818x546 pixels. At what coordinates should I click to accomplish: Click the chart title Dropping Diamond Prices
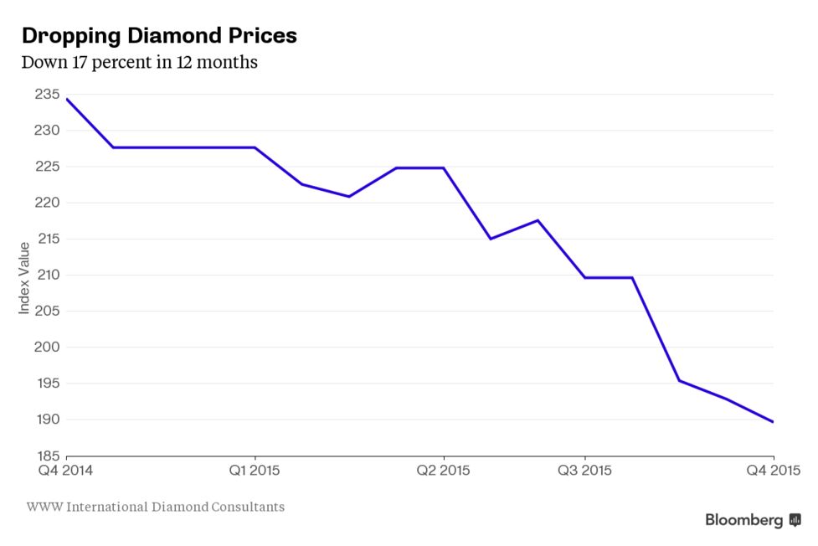(158, 36)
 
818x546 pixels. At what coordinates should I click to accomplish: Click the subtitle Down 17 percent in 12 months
(139, 62)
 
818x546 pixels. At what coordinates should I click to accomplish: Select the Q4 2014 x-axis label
(65, 470)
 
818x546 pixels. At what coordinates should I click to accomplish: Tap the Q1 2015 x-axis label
(255, 470)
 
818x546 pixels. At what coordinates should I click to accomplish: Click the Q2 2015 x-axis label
(443, 470)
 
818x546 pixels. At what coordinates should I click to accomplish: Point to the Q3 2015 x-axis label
(584, 470)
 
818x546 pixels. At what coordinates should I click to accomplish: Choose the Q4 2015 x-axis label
(771, 470)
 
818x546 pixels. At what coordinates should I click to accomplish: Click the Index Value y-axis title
(24, 278)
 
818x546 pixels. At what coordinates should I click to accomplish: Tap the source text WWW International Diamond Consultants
(155, 507)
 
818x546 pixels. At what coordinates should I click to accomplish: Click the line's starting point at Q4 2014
(66, 99)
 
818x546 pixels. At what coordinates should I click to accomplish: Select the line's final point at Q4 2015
(773, 422)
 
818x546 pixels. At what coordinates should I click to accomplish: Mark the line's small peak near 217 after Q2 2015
(538, 220)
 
